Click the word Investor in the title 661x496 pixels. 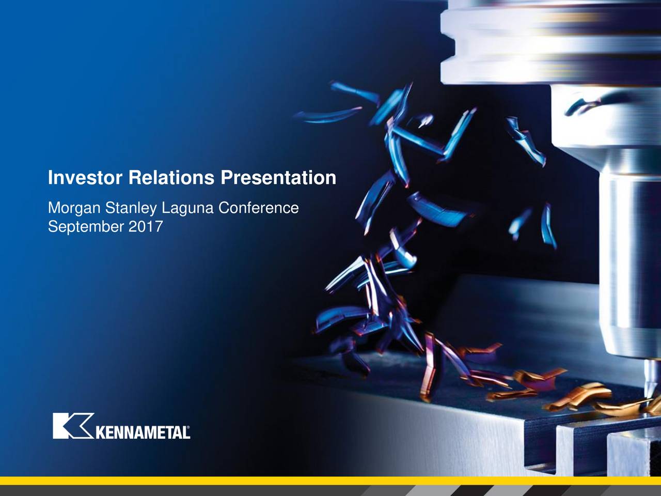pyautogui.click(x=85, y=178)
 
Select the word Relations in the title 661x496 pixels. pyautogui.click(x=171, y=178)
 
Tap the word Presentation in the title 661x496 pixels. pyautogui.click(x=278, y=178)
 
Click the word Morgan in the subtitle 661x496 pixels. pyautogui.click(x=74, y=208)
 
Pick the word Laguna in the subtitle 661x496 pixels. pyautogui.click(x=187, y=208)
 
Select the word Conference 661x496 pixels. pyautogui.click(x=258, y=208)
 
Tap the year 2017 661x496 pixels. pyautogui.click(x=146, y=226)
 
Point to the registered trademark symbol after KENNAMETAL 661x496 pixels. pyautogui.click(x=188, y=427)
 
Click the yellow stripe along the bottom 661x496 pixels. pyautogui.click(x=330, y=481)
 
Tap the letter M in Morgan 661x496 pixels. pyautogui.click(x=55, y=208)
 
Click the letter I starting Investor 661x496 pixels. pyautogui.click(x=50, y=178)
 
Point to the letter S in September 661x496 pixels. pyautogui.click(x=53, y=226)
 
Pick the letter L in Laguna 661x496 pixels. pyautogui.click(x=166, y=208)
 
